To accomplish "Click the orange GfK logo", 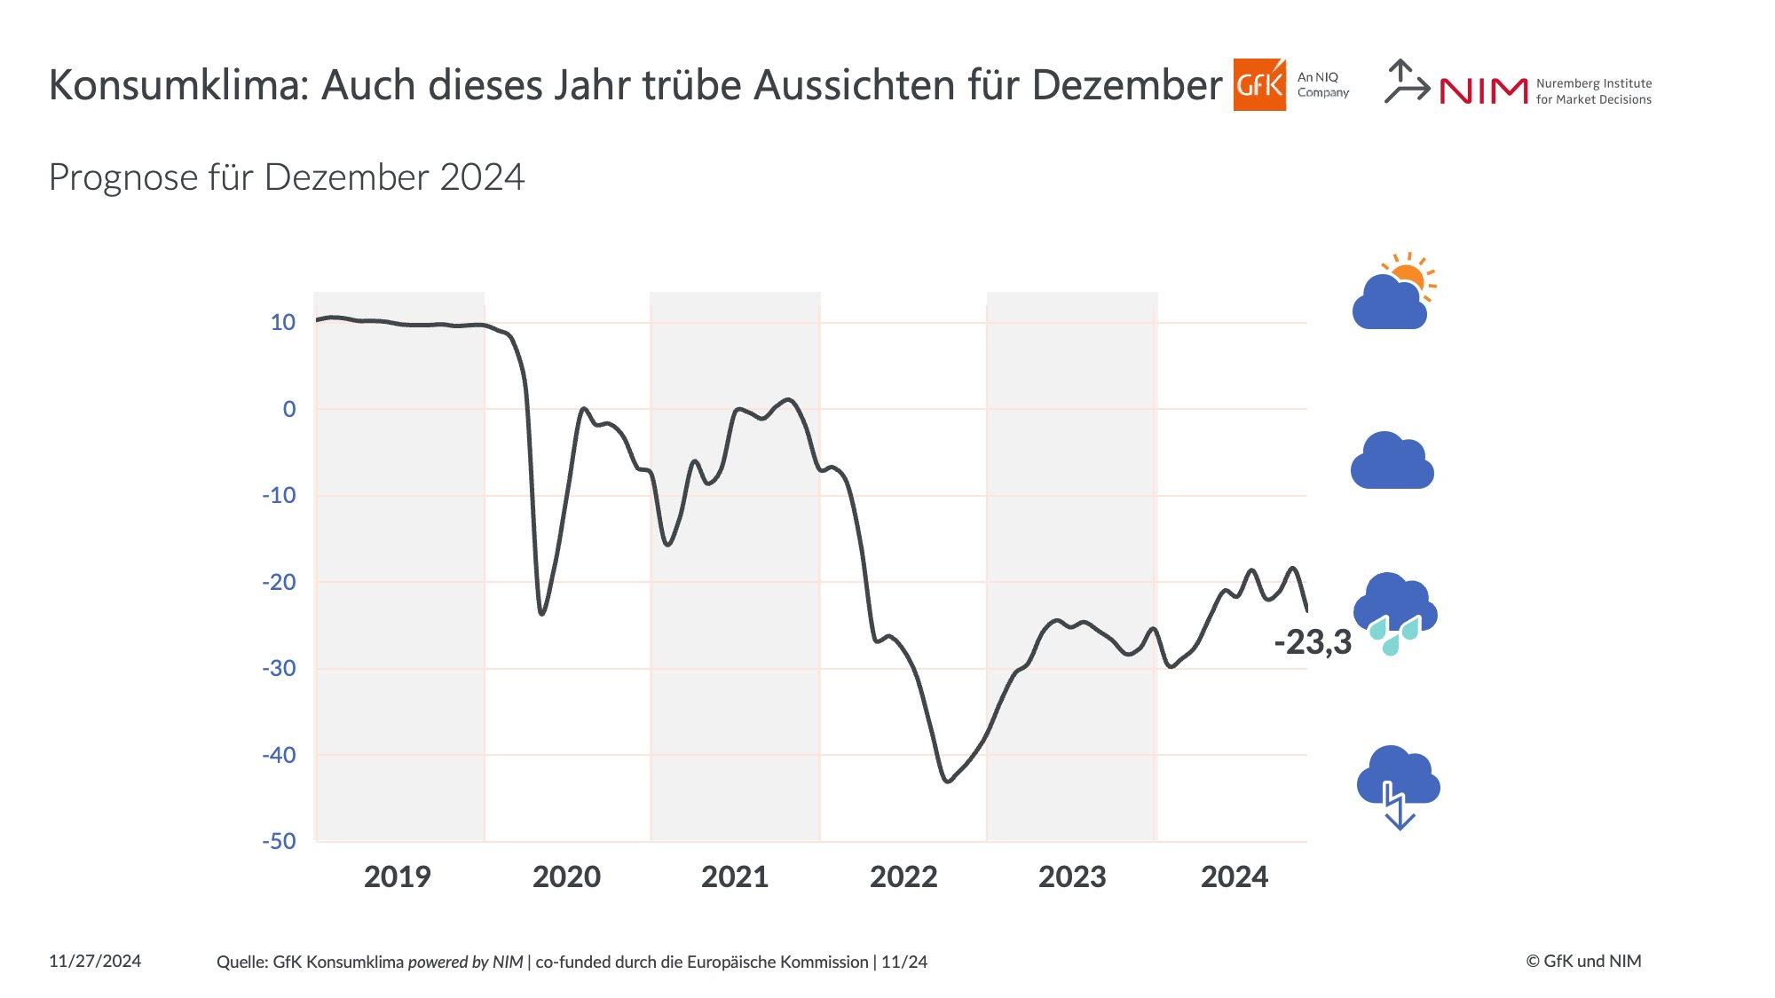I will (x=1258, y=85).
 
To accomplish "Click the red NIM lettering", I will (x=1483, y=90).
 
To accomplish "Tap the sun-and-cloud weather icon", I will (x=1392, y=294).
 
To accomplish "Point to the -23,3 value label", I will (x=1312, y=642).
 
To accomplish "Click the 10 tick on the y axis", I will (x=283, y=322).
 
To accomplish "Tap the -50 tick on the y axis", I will (x=279, y=841).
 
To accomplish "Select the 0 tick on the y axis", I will (x=289, y=409).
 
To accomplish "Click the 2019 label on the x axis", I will (x=397, y=876).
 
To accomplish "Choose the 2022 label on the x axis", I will (x=903, y=876).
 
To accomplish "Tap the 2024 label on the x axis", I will (x=1234, y=876).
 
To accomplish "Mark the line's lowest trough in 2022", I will (x=948, y=782).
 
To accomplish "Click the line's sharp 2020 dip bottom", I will (x=541, y=613).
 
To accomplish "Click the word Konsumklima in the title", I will (x=177, y=86).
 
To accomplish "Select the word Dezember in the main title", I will (x=1127, y=86).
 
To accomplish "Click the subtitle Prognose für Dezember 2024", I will (x=287, y=177).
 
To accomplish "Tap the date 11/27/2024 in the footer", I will (x=95, y=962).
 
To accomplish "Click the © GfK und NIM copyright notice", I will (x=1583, y=962).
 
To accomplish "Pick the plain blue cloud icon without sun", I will (x=1392, y=462).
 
